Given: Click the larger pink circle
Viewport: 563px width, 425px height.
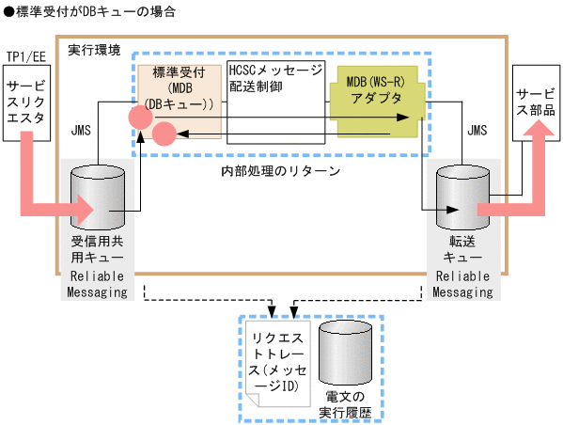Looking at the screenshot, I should [x=142, y=118].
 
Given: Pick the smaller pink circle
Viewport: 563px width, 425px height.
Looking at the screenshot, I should [x=164, y=134].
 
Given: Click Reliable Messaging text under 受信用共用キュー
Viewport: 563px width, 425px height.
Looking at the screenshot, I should [x=99, y=284].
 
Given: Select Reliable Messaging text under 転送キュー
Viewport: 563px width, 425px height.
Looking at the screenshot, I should [x=463, y=284].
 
